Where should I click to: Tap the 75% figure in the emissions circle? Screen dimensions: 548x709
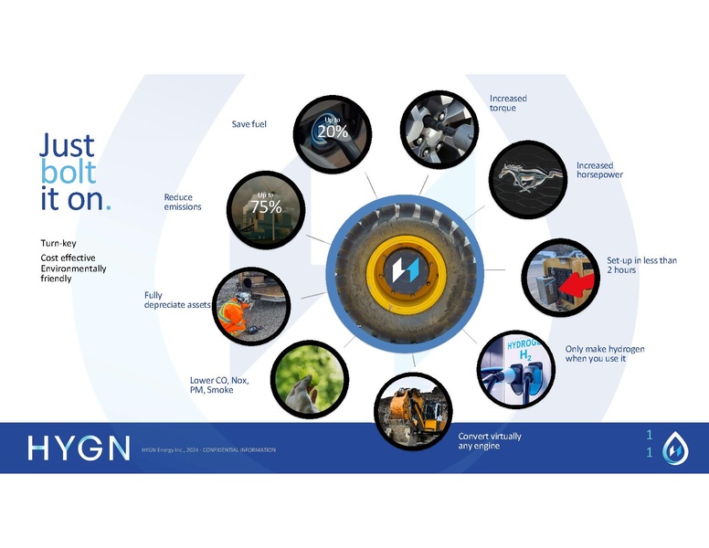tap(266, 206)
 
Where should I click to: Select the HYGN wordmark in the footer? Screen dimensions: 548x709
tap(79, 448)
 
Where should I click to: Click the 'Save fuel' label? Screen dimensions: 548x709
tap(249, 124)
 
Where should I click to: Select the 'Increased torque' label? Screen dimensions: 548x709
tap(508, 103)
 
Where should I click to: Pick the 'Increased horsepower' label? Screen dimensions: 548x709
tap(599, 170)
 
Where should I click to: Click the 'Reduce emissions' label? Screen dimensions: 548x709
tap(183, 202)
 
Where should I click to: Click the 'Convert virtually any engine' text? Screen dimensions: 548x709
tap(490, 441)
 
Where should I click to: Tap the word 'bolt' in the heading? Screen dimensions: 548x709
tap(69, 172)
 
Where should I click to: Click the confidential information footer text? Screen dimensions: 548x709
tap(208, 450)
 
